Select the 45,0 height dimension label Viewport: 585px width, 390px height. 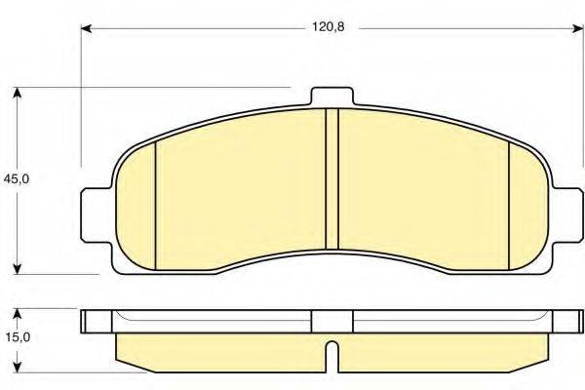[15, 179]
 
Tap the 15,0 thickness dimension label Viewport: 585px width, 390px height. [15, 338]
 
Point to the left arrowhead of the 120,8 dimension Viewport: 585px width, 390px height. [85, 29]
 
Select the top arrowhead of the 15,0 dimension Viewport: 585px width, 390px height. [17, 315]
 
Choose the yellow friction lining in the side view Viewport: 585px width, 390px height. [224, 349]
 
